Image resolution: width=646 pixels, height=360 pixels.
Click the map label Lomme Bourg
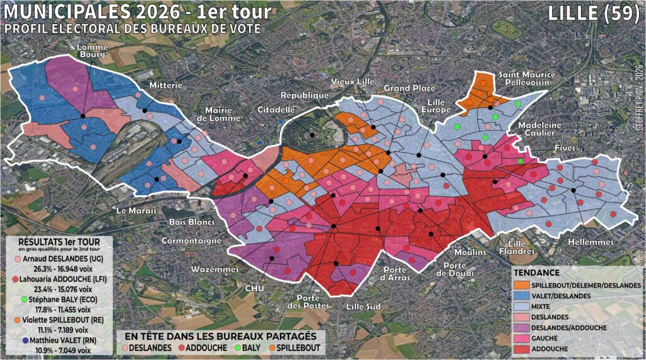[x=91, y=50]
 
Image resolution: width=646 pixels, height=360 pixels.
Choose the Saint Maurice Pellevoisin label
[x=527, y=78]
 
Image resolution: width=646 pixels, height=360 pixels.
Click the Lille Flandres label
[x=519, y=248]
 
